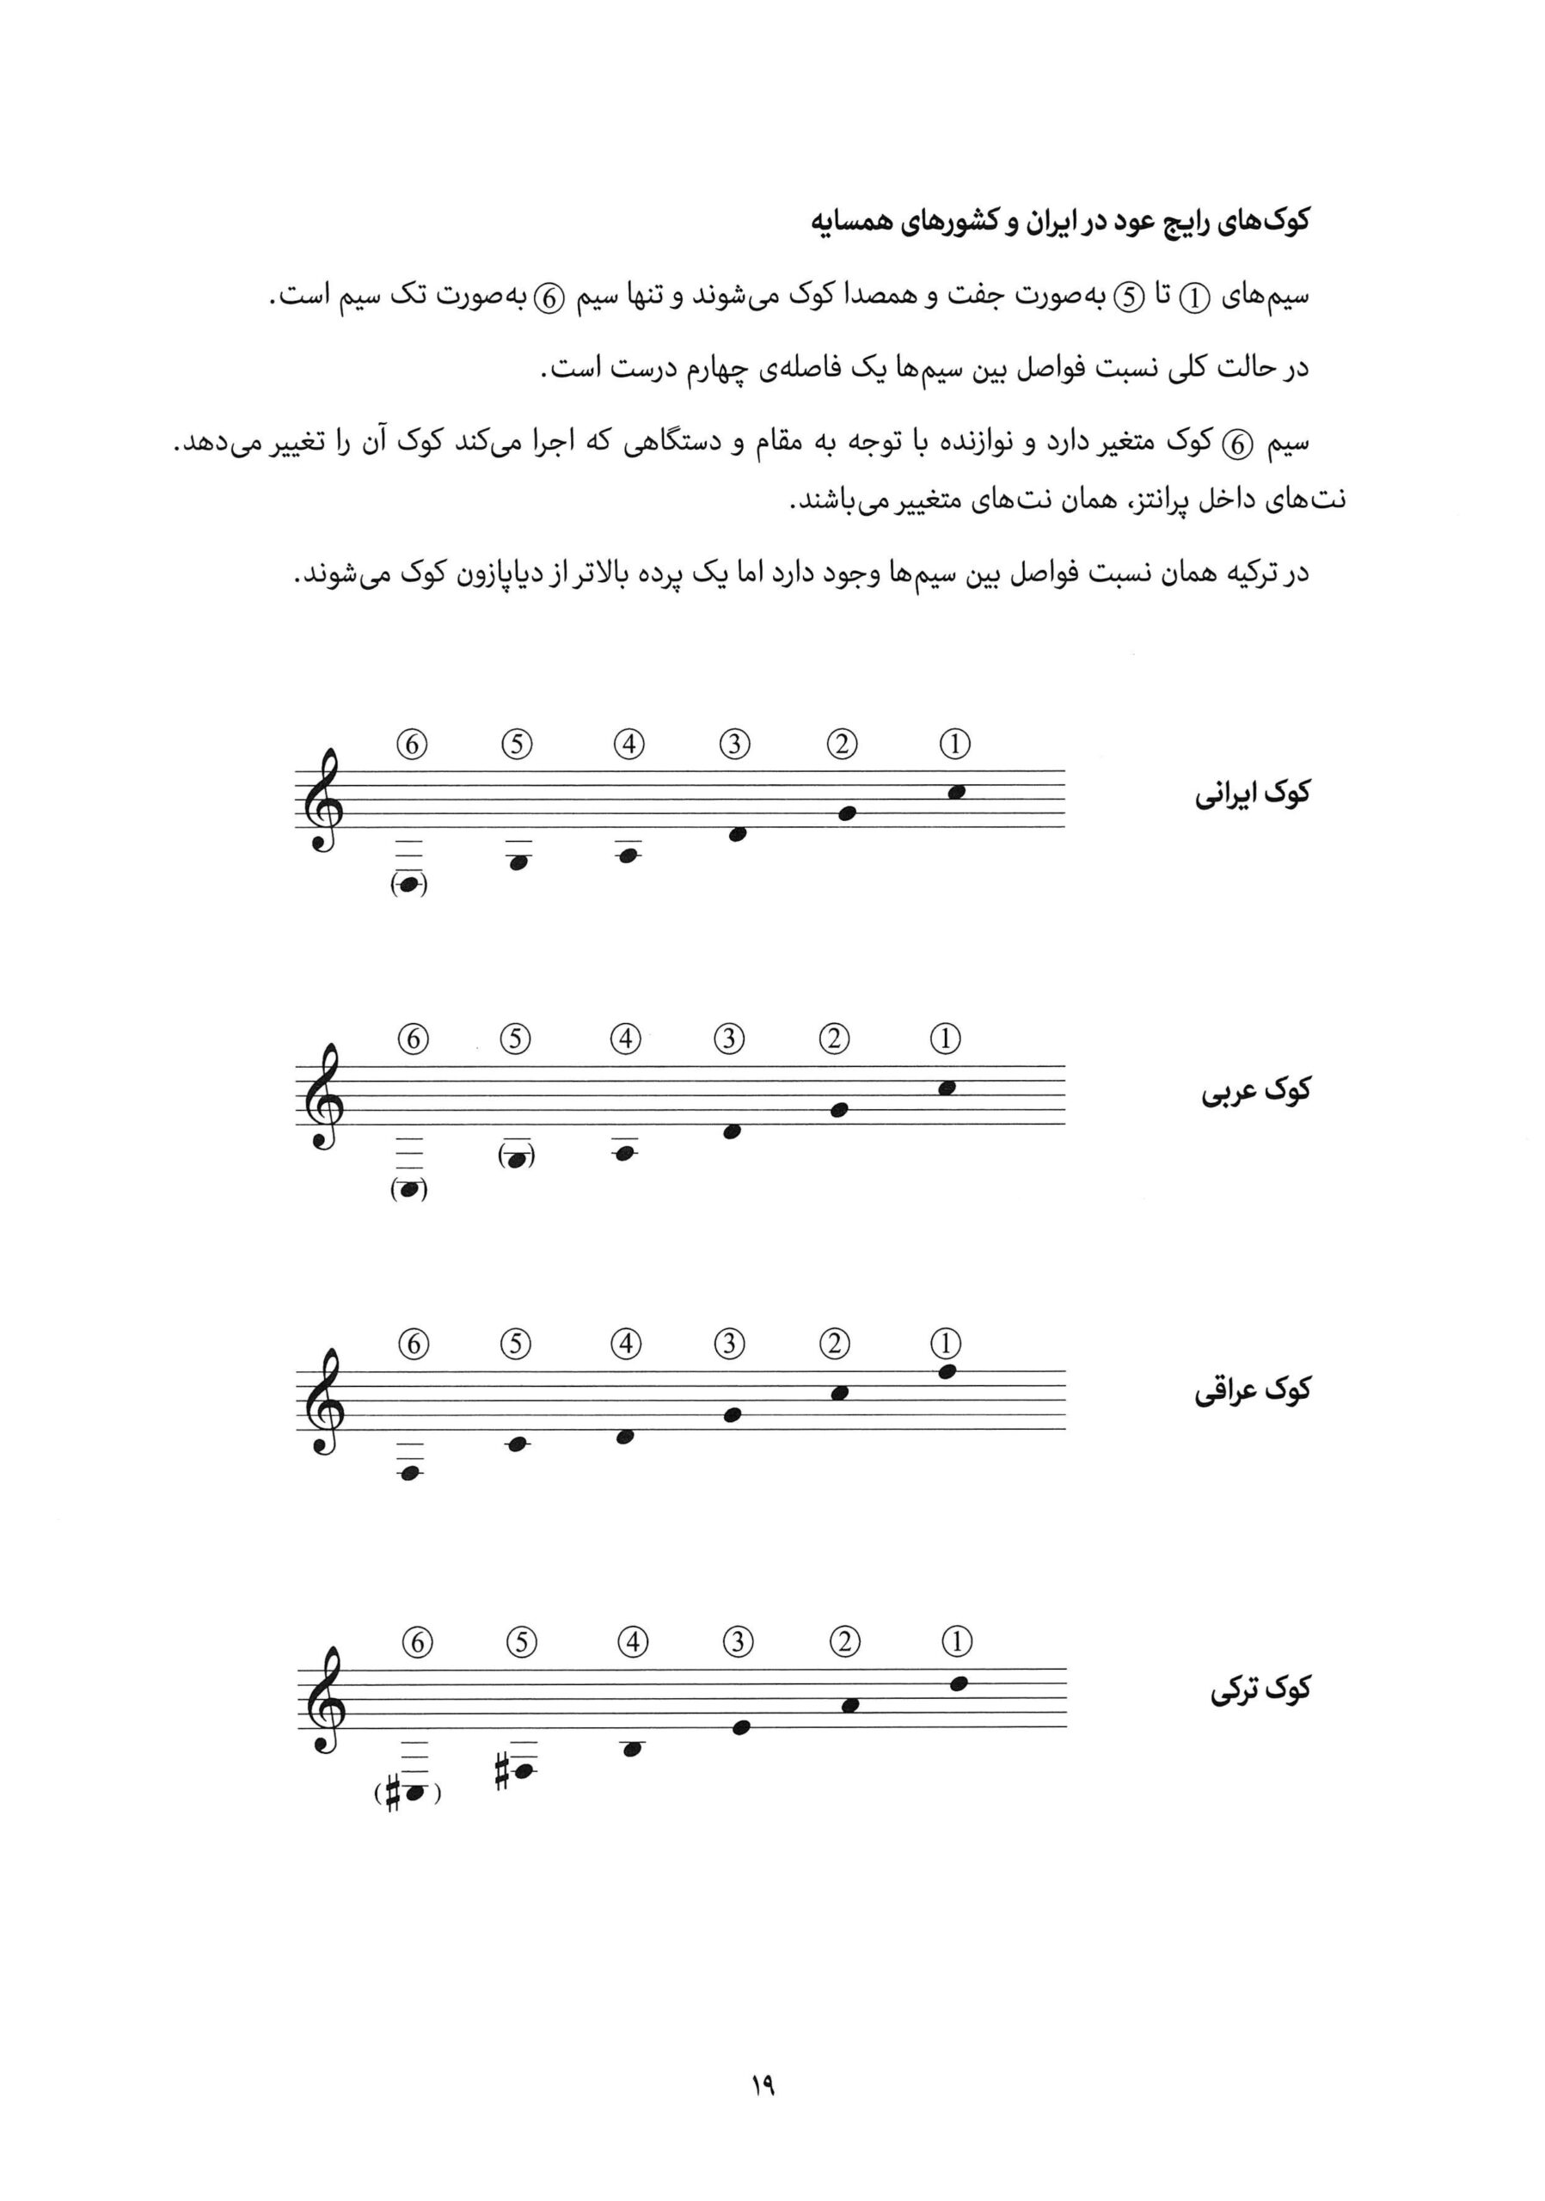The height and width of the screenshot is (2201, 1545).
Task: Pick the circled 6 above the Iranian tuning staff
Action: click(412, 745)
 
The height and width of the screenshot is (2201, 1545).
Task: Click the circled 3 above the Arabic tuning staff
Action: click(729, 1039)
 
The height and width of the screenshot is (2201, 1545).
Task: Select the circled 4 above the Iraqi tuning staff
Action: click(626, 1344)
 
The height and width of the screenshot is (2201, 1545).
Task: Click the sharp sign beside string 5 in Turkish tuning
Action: click(501, 1771)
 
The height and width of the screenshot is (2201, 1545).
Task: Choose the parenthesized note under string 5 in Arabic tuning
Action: click(517, 1159)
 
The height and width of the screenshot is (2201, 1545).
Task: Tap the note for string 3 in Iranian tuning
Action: click(737, 834)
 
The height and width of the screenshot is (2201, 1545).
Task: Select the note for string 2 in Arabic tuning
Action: click(840, 1110)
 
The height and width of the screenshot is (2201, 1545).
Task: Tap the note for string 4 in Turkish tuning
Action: click(631, 1750)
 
